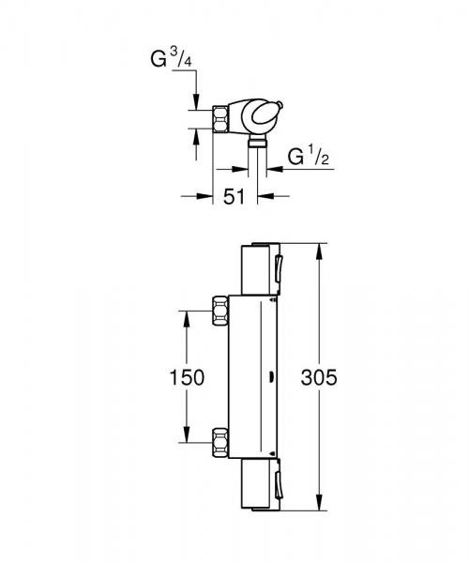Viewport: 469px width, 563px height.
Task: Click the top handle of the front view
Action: (x=254, y=267)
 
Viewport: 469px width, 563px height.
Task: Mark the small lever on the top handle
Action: (x=279, y=268)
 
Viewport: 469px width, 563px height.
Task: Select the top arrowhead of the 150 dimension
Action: (x=184, y=313)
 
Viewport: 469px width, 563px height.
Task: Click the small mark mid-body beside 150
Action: (x=271, y=378)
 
